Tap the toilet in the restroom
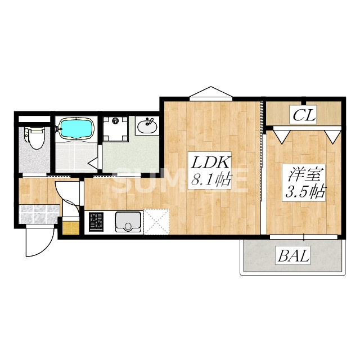(35, 138)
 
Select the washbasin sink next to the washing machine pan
(147, 125)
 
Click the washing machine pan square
(115, 128)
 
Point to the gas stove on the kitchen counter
(96, 222)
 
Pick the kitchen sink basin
(128, 222)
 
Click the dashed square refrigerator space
(156, 222)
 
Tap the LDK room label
(210, 163)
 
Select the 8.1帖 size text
(210, 179)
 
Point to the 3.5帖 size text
(304, 192)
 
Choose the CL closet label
(304, 115)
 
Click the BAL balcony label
(293, 256)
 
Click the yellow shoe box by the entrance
(71, 228)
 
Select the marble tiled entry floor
(39, 214)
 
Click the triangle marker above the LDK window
(211, 92)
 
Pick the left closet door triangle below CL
(281, 137)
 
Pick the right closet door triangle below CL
(332, 137)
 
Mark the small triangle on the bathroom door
(93, 163)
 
